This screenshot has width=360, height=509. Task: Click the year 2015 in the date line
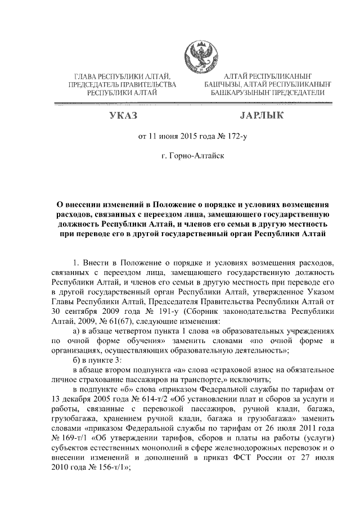183,136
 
